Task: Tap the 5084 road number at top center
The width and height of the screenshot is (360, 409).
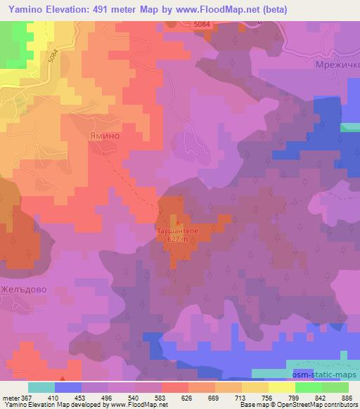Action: coord(202,25)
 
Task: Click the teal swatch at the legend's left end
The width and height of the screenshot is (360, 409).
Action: coord(41,387)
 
